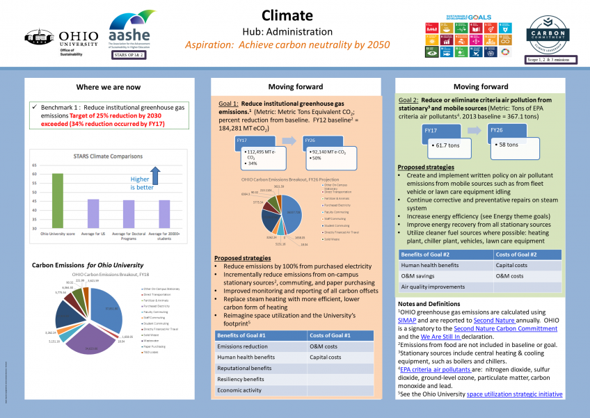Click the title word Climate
click(x=287, y=15)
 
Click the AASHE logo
click(x=132, y=33)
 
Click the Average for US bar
click(x=93, y=214)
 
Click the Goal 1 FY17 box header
click(x=244, y=141)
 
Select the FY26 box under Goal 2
click(x=497, y=130)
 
